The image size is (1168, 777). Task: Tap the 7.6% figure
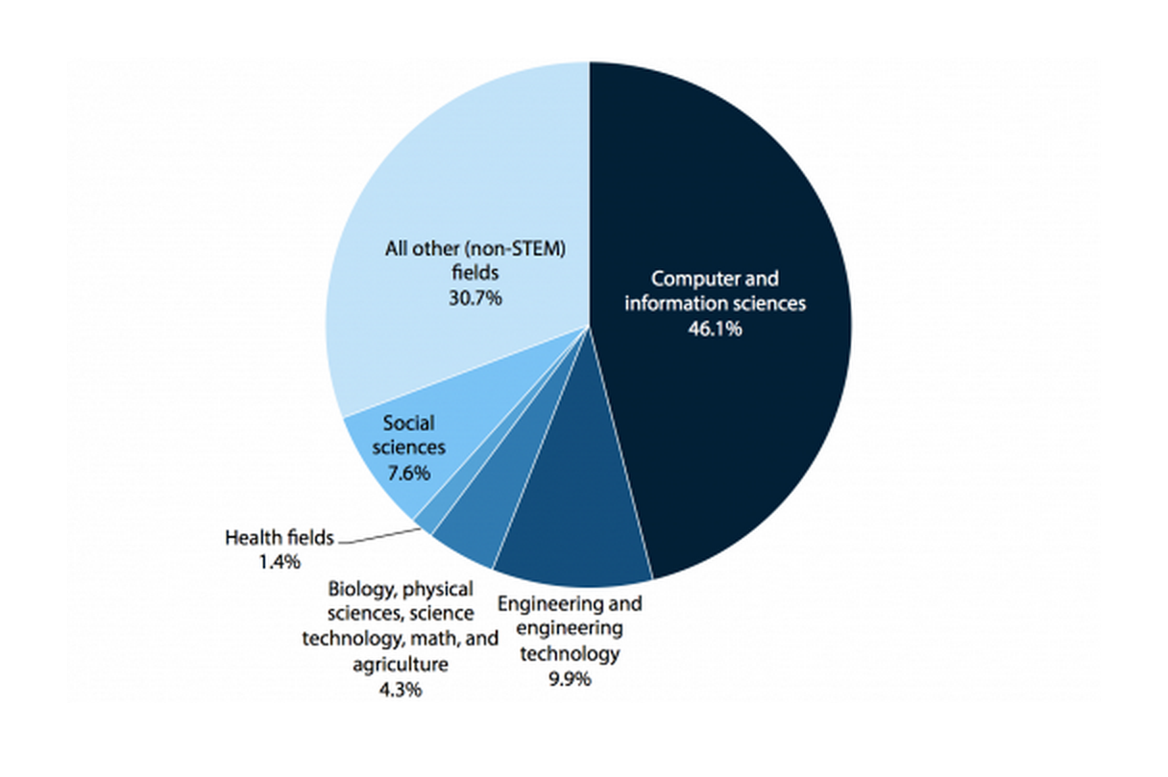coord(409,473)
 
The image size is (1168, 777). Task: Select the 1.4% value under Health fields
coord(280,561)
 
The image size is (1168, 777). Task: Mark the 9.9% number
coord(569,678)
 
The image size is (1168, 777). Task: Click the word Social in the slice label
coord(408,423)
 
